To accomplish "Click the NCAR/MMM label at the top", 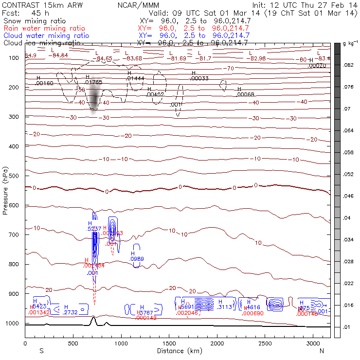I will click(x=138, y=5).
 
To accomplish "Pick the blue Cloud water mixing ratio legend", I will click(x=46, y=36).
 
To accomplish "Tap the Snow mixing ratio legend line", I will click(x=32, y=21).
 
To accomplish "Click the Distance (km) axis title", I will click(x=177, y=350).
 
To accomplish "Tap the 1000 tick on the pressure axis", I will click(x=13, y=324).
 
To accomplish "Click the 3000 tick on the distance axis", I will click(x=313, y=343).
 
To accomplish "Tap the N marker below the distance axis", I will click(x=322, y=350).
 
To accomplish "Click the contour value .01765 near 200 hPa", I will click(x=93, y=82).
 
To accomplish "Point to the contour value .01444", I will click(x=135, y=78).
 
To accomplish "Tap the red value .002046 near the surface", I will click(x=187, y=313).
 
